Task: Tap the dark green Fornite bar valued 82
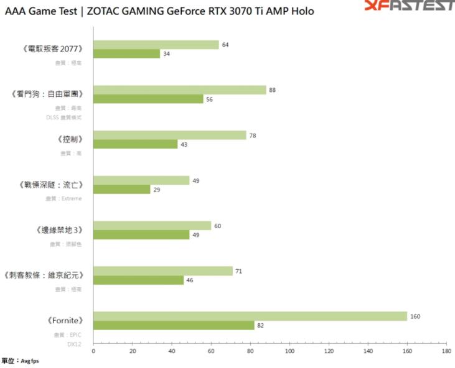coord(174,325)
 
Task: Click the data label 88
coord(272,90)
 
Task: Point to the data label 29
coord(156,190)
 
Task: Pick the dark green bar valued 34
coord(127,53)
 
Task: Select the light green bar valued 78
coord(170,136)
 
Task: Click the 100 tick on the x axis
coord(289,351)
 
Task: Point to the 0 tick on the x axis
coord(93,351)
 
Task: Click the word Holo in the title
coord(301,11)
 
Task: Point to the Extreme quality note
coord(72,198)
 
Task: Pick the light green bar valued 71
coord(163,271)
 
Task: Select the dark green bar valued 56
coord(148,99)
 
